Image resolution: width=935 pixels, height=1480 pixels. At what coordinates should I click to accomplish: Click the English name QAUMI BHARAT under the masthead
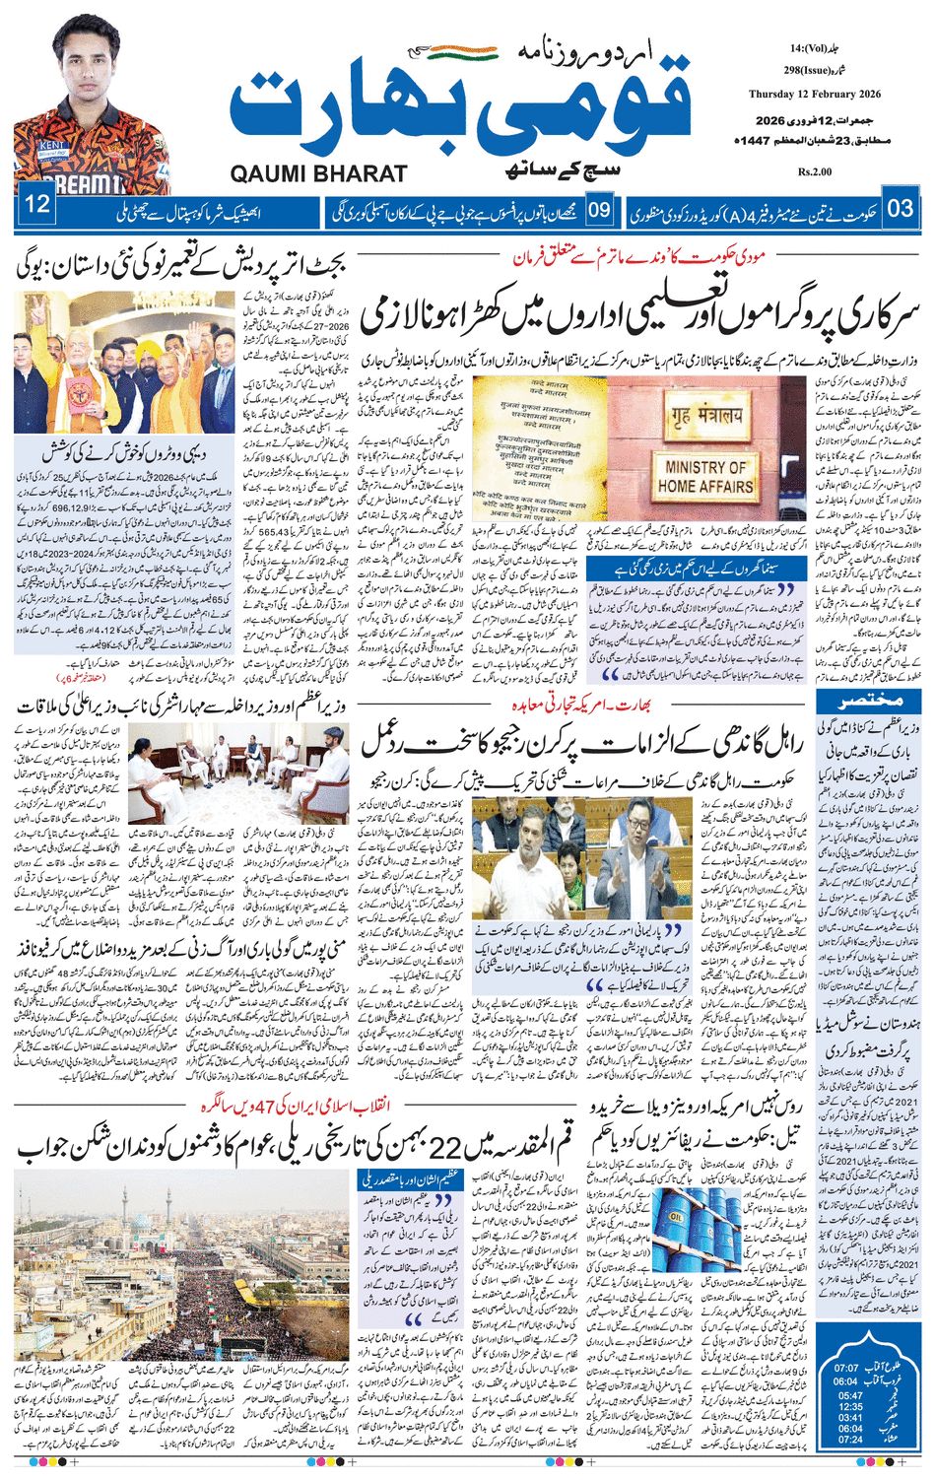pos(318,174)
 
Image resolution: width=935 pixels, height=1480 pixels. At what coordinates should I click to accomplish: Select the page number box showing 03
pos(901,209)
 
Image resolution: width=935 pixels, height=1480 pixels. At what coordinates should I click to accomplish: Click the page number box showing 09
pos(600,209)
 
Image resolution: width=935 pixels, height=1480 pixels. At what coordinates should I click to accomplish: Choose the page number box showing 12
pos(37,206)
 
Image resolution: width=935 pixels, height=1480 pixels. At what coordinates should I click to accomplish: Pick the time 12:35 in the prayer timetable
pos(850,1406)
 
